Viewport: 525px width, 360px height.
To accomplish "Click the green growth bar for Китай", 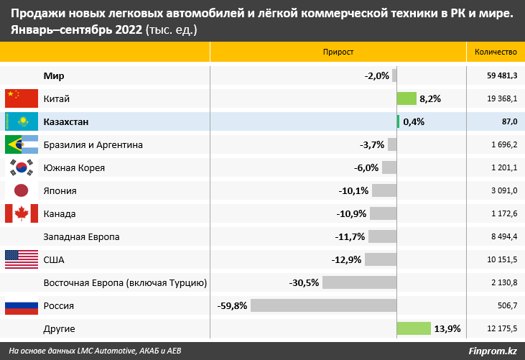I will (x=406, y=98).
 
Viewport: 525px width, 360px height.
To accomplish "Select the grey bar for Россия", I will (x=323, y=305).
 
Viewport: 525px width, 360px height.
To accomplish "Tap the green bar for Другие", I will (x=413, y=328).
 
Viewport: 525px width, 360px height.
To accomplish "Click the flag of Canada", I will (x=21, y=213).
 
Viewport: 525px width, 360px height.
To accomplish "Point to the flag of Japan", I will (x=21, y=190).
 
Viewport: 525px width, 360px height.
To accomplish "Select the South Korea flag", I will (x=21, y=167).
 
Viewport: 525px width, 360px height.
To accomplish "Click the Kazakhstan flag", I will (x=21, y=121).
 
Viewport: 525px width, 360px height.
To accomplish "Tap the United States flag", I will (x=21, y=259).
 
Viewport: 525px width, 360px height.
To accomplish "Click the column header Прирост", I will (x=338, y=52).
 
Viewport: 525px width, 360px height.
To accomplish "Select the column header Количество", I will (x=496, y=52).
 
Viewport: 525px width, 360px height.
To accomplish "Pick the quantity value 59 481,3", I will (x=502, y=75).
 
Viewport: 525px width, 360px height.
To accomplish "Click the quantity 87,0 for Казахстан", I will (x=509, y=121).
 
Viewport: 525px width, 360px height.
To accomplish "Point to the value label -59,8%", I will (x=232, y=305).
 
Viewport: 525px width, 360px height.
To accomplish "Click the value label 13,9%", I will (x=447, y=328).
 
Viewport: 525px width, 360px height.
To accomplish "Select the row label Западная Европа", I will (x=81, y=236).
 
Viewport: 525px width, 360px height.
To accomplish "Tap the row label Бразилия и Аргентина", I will (x=93, y=144).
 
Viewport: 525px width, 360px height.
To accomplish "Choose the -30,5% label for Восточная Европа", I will (x=304, y=282).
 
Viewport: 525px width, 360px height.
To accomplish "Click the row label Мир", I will (x=55, y=75).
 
